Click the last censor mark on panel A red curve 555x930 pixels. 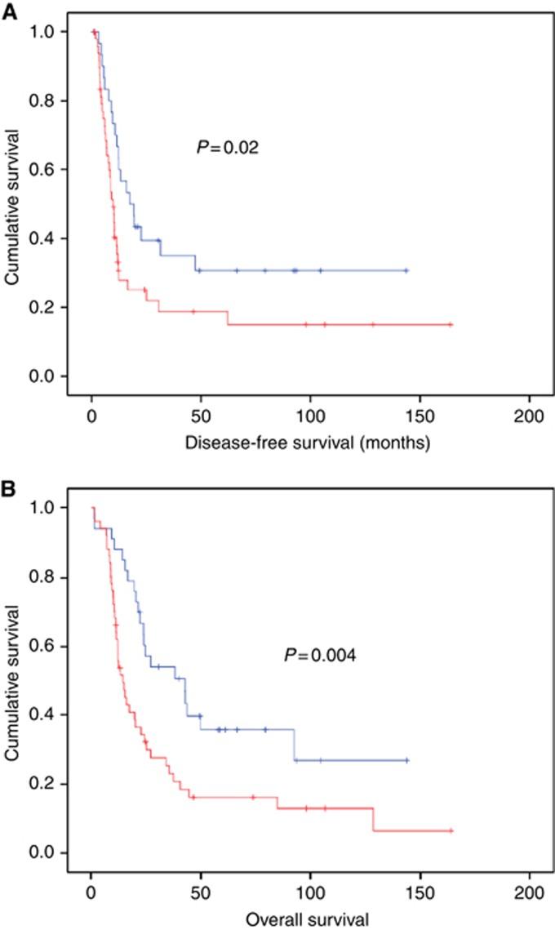[x=450, y=324]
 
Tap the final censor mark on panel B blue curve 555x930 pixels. [x=406, y=760]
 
